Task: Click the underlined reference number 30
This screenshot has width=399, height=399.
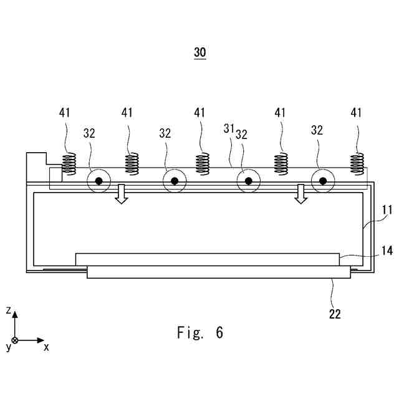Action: click(x=199, y=53)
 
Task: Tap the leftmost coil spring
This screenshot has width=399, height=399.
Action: click(x=70, y=165)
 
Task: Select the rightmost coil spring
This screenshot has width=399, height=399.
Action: click(x=357, y=165)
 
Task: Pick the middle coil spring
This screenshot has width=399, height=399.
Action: click(x=202, y=165)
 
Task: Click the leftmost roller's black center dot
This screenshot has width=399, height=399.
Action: click(x=99, y=181)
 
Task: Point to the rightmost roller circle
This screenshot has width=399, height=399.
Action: click(x=323, y=181)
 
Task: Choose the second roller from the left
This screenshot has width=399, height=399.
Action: click(x=175, y=181)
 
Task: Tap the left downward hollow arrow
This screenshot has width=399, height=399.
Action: click(x=122, y=194)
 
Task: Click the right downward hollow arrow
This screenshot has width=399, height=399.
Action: click(x=302, y=194)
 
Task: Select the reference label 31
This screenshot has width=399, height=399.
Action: click(x=229, y=128)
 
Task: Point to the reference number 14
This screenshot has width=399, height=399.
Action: click(x=387, y=251)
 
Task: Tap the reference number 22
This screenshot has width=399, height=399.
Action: click(x=335, y=314)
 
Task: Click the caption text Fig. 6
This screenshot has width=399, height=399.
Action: click(x=199, y=332)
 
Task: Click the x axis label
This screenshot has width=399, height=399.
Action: click(x=46, y=347)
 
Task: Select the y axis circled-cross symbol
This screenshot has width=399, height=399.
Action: click(x=15, y=340)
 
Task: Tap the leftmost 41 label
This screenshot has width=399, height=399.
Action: click(x=65, y=113)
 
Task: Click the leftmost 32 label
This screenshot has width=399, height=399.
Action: click(x=90, y=133)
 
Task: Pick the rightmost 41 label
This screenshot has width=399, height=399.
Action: click(x=357, y=113)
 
